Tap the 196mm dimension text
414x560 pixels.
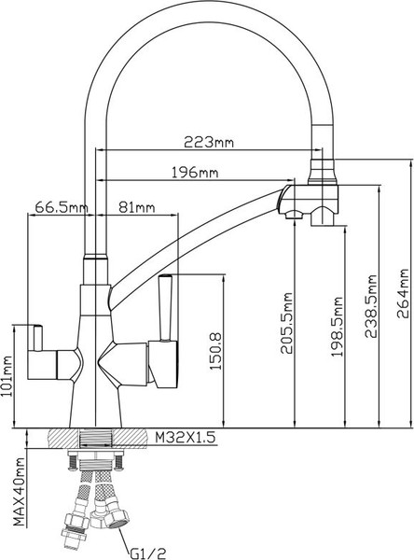(x=196, y=173)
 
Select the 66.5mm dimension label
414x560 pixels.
(x=61, y=206)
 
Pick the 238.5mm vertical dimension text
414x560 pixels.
(x=373, y=303)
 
